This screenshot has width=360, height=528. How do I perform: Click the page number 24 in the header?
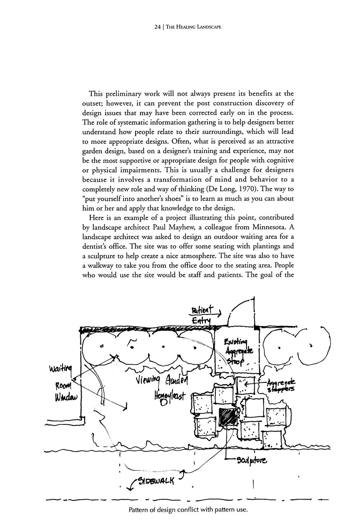pyautogui.click(x=157, y=27)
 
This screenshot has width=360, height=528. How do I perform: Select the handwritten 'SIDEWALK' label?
pyautogui.click(x=155, y=480)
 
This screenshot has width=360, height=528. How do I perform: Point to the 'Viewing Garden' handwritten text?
pyautogui.click(x=162, y=381)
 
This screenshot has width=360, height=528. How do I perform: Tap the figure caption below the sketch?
pyautogui.click(x=188, y=510)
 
